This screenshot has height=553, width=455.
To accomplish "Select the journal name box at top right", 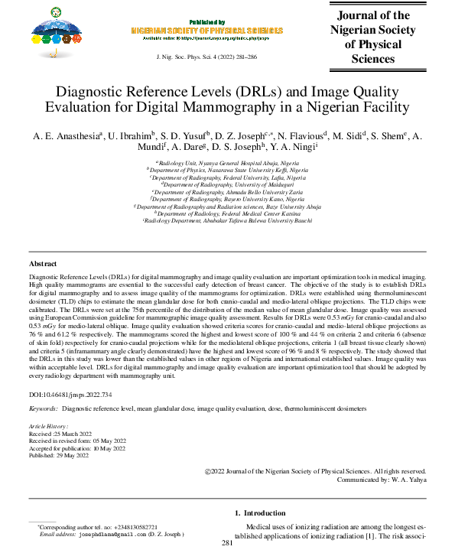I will point(372,37).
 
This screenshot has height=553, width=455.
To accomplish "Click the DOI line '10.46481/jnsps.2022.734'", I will point(70,395).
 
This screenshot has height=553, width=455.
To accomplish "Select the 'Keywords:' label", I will point(44,410).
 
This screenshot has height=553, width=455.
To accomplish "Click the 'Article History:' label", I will point(48,425).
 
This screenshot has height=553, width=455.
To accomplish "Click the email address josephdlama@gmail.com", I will point(109,535).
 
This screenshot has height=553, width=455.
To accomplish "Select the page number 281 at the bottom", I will point(226,543).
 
